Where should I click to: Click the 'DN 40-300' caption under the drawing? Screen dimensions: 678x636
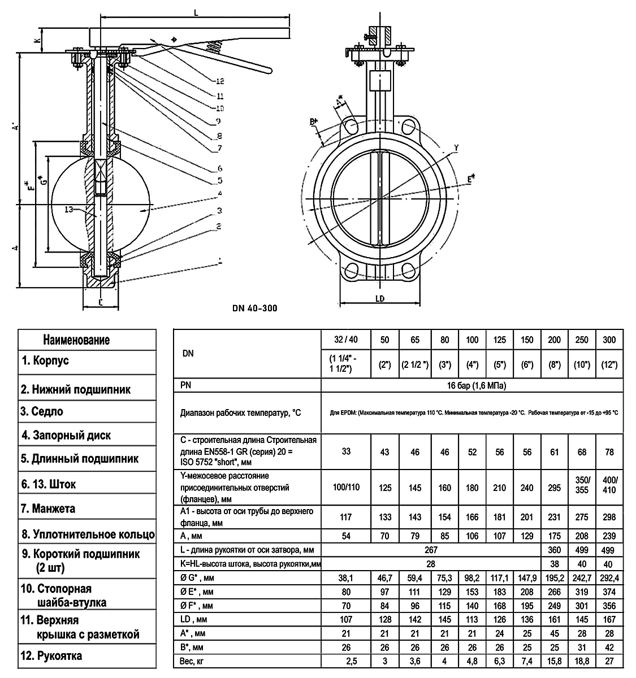(254, 308)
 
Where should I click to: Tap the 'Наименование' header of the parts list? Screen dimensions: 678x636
(76, 340)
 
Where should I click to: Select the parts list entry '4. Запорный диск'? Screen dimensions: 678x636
(66, 435)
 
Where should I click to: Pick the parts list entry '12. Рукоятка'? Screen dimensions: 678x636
(51, 656)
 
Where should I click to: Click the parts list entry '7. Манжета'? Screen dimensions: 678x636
(48, 508)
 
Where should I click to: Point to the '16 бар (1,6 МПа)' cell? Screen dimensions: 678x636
(473, 386)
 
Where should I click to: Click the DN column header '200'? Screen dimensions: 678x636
(555, 340)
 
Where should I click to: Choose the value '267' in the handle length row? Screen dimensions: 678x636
(430, 549)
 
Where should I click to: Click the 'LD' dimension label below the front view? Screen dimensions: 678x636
(380, 298)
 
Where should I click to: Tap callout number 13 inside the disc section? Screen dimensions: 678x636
(69, 210)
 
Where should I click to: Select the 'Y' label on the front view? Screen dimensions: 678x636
(456, 148)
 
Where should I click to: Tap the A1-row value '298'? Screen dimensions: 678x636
(609, 517)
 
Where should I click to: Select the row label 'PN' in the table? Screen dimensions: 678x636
(185, 386)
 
